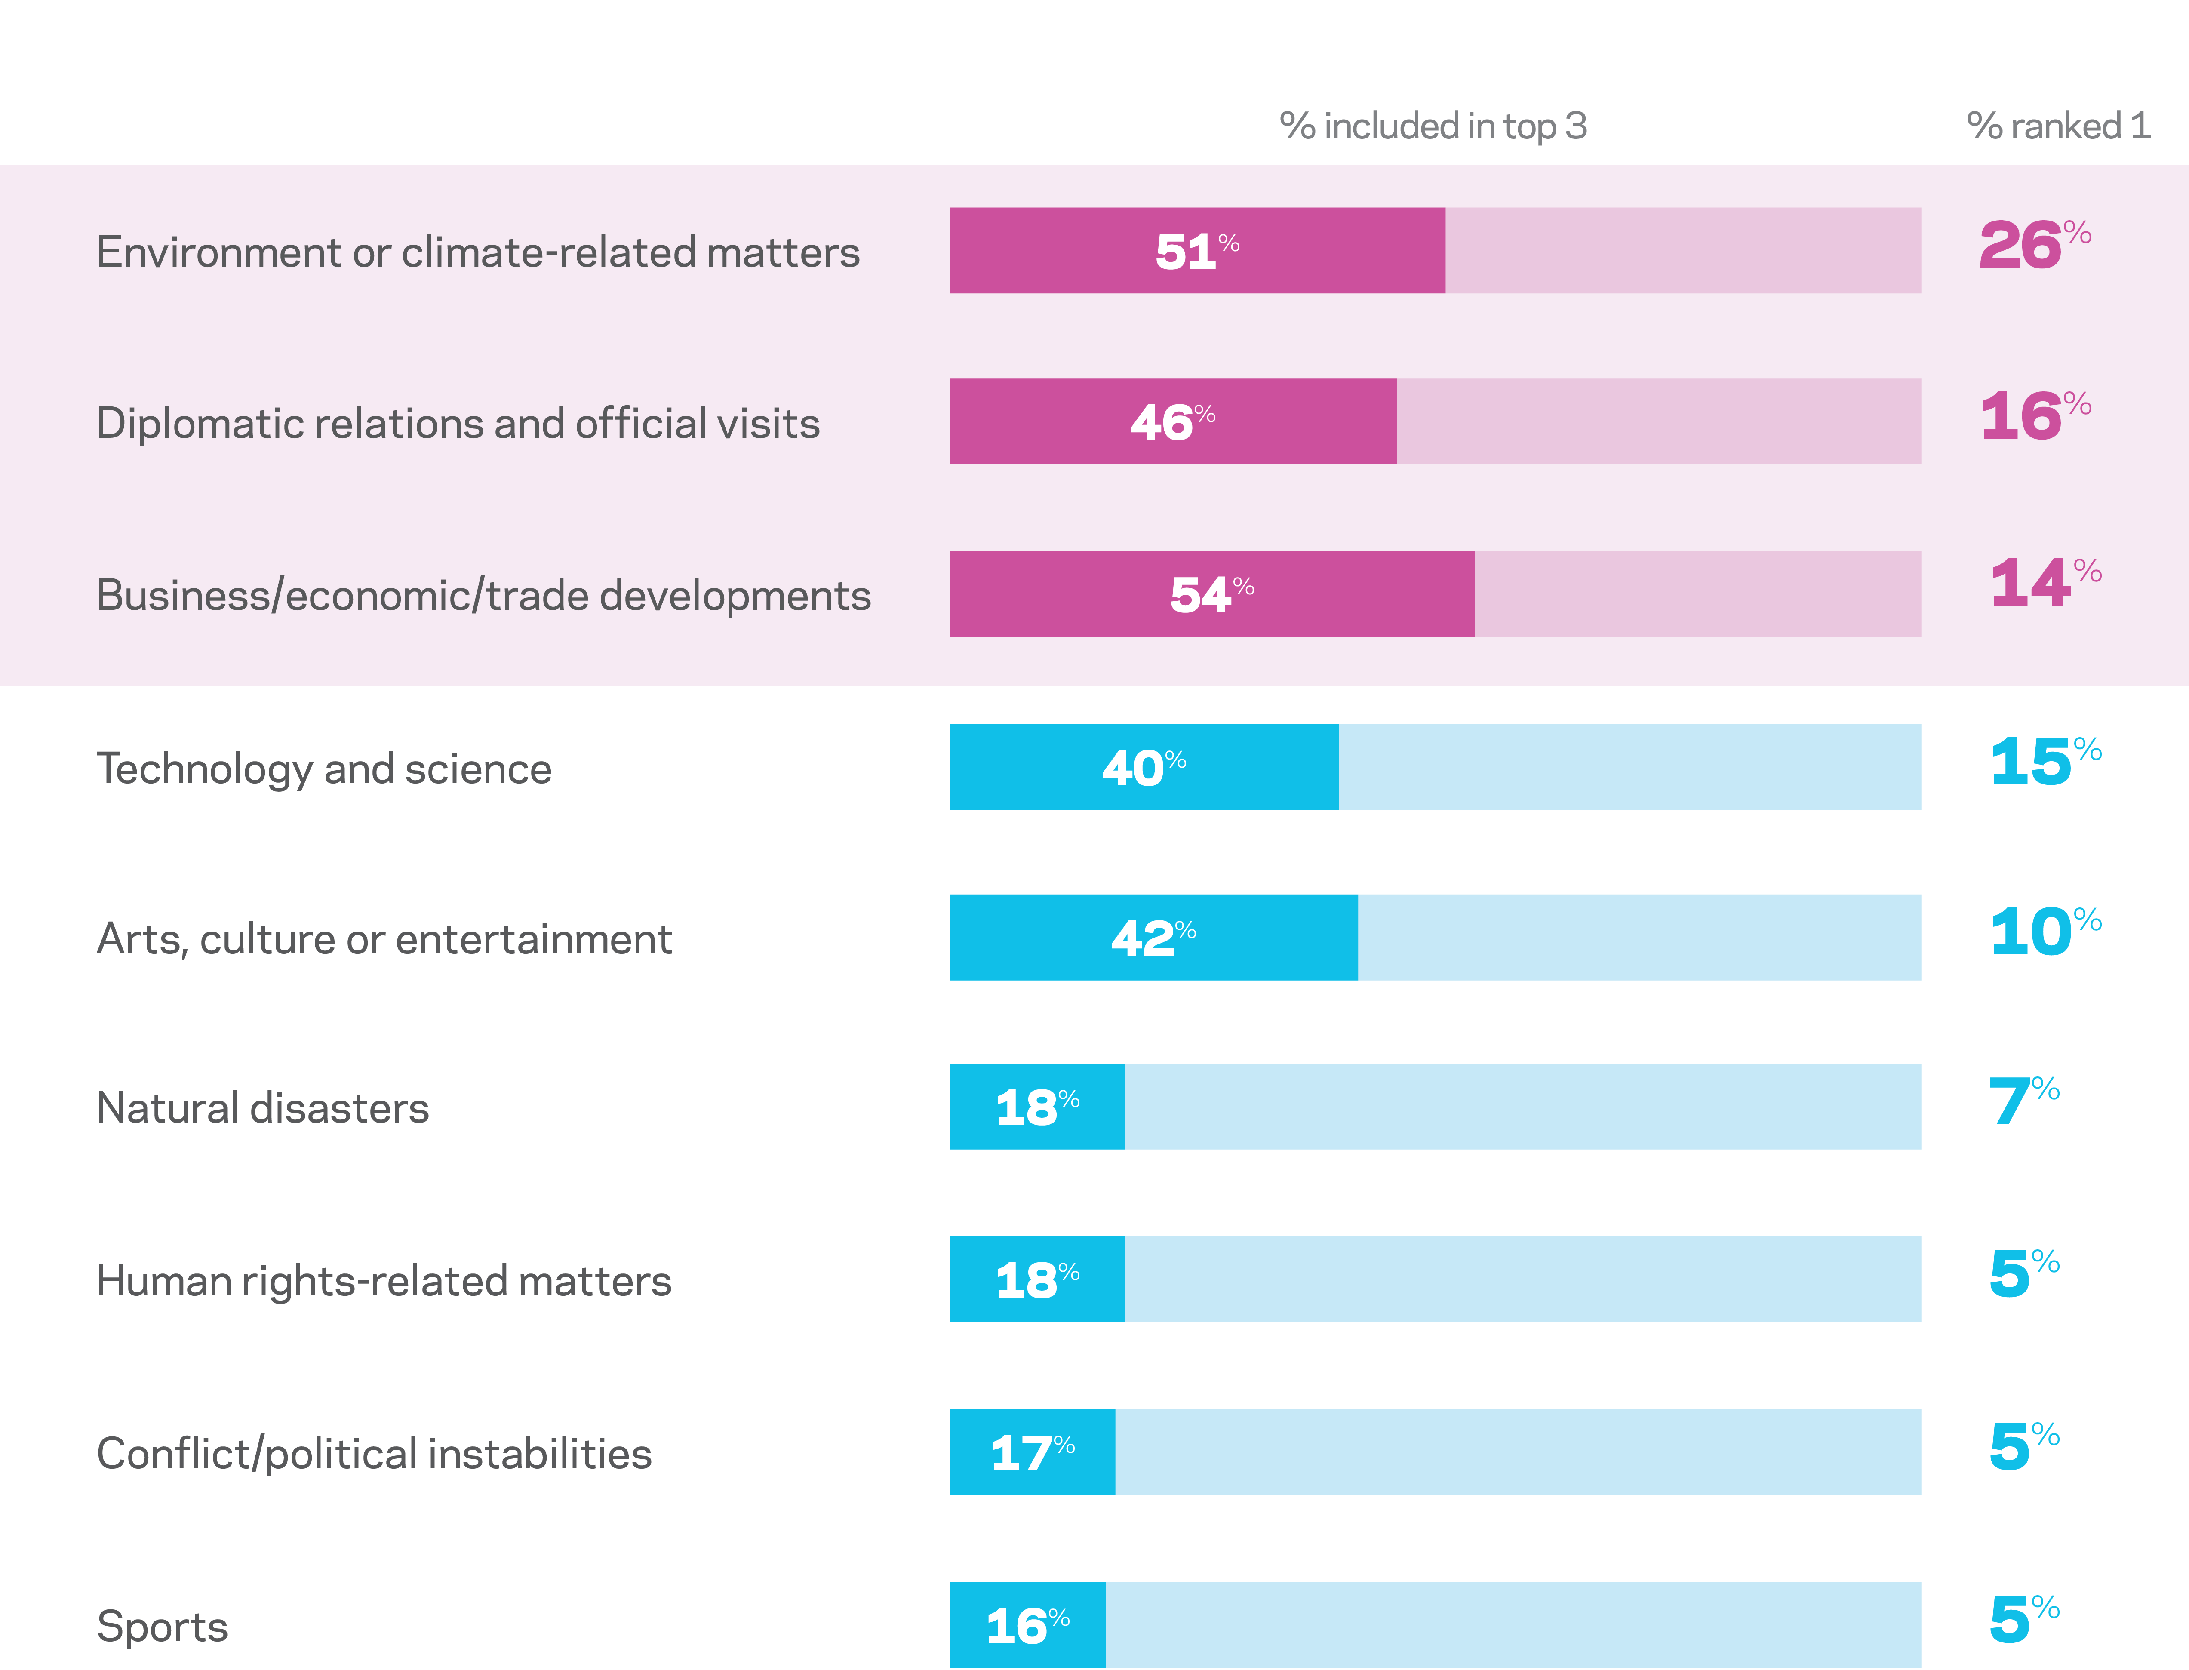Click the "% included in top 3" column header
coord(1433,126)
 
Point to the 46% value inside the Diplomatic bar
coord(1173,421)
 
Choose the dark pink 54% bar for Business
coord(1212,594)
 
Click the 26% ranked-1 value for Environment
coord(2034,245)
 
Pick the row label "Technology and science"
coord(324,769)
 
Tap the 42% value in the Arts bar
coord(1153,938)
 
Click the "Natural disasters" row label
coord(262,1107)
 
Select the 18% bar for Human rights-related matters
coord(1037,1279)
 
